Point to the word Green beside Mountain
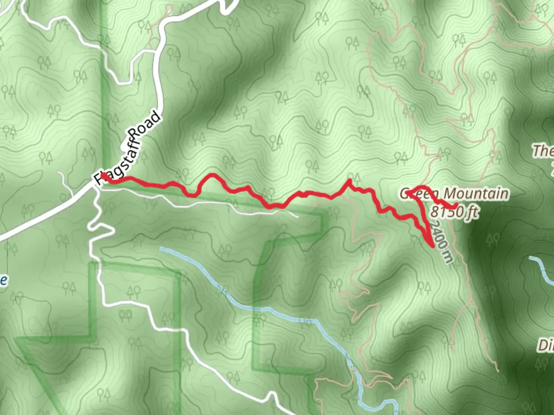click(416, 193)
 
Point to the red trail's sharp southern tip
click(432, 246)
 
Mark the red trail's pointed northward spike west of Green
click(349, 179)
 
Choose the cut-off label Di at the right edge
click(546, 345)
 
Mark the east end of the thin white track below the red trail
click(298, 217)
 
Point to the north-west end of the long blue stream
click(161, 249)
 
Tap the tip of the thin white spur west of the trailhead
click(60, 173)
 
